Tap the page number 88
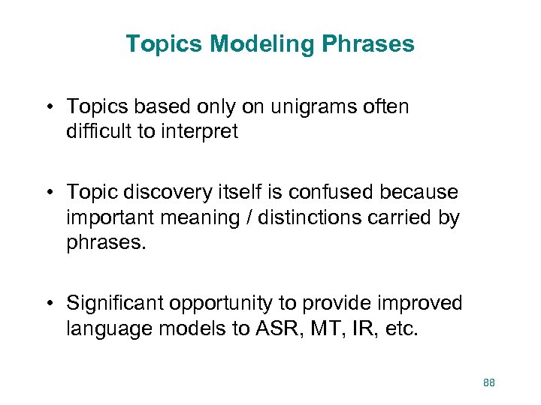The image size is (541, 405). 489,383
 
